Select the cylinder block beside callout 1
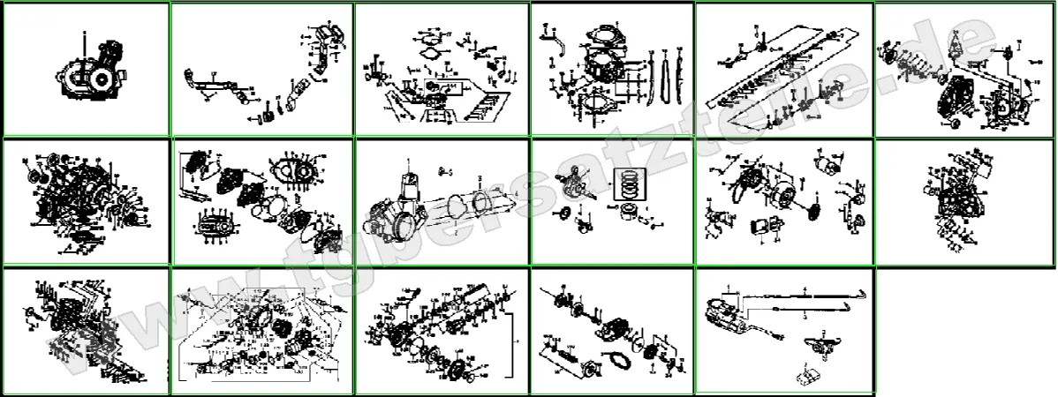pos(403,184)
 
